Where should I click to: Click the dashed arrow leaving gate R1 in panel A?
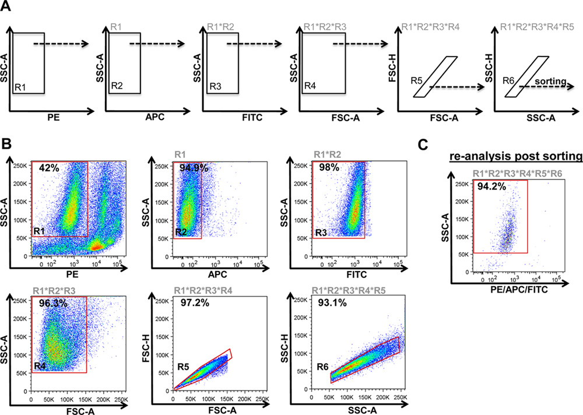pyautogui.click(x=60, y=43)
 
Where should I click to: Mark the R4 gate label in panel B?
pyautogui.click(x=40, y=366)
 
